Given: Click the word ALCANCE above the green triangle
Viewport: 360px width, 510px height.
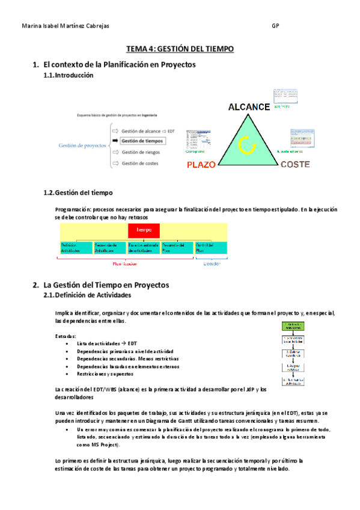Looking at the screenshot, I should click(249, 107).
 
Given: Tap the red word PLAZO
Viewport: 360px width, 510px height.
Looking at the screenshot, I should click(201, 164).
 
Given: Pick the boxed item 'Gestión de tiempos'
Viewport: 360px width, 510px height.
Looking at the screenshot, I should click(142, 141).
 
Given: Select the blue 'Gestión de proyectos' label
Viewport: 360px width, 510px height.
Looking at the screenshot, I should click(83, 146).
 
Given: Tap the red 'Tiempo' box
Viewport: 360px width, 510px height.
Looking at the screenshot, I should click(144, 230).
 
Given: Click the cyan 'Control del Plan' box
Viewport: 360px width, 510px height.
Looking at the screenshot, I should click(211, 247).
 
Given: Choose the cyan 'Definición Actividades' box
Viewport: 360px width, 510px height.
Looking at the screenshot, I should click(76, 247).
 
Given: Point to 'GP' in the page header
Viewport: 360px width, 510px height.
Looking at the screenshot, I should click(275, 26).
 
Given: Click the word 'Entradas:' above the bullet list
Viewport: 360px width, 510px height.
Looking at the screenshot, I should click(66, 336).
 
